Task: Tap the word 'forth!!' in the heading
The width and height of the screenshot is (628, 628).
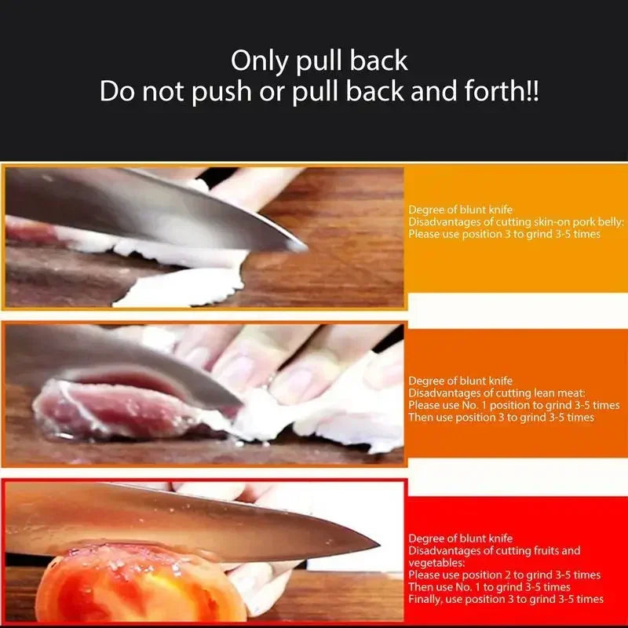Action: click(x=499, y=92)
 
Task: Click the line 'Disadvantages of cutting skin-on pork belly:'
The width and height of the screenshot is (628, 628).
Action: click(x=516, y=222)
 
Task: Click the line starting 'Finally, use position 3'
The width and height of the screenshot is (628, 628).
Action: click(x=506, y=599)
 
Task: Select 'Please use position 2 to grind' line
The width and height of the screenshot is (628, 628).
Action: click(x=504, y=575)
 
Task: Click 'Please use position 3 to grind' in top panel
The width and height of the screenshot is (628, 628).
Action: click(x=504, y=235)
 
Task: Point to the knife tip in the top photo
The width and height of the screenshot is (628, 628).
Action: click(x=303, y=248)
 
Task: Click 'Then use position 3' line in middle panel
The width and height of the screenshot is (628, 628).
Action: click(x=501, y=418)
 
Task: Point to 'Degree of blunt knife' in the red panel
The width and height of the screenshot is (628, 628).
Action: click(x=460, y=539)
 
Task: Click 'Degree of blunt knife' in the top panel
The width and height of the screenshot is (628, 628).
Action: click(x=460, y=210)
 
